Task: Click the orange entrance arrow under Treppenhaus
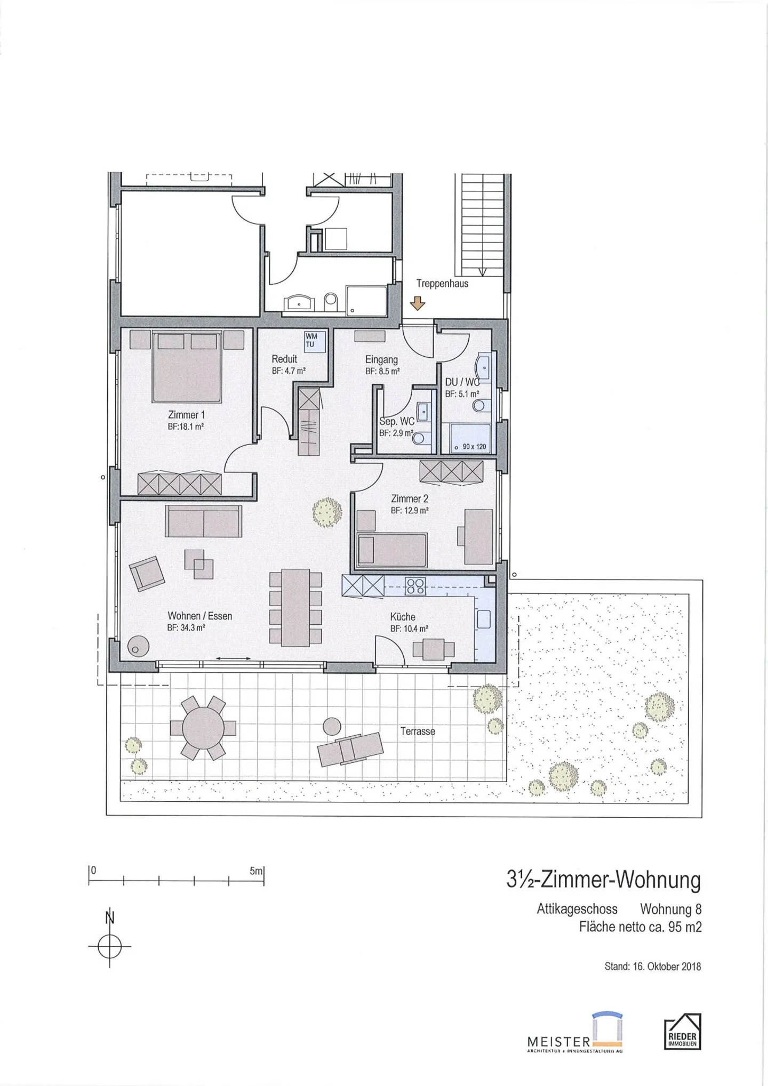tap(418, 303)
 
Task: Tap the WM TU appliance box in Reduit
tap(310, 340)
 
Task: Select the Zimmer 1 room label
tap(186, 415)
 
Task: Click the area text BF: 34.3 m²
tap(186, 628)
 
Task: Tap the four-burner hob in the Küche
tap(415, 586)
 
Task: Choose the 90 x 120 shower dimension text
tap(474, 446)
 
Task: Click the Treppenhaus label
tap(442, 284)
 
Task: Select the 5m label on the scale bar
tap(256, 871)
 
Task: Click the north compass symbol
tap(109, 947)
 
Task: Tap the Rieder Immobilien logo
tap(683, 1032)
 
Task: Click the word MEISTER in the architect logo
tap(558, 1041)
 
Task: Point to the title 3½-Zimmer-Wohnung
tap(603, 880)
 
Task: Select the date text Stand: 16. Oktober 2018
tap(652, 966)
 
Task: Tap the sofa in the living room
tap(203, 521)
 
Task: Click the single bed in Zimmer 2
tap(392, 550)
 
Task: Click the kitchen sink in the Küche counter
tap(483, 619)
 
